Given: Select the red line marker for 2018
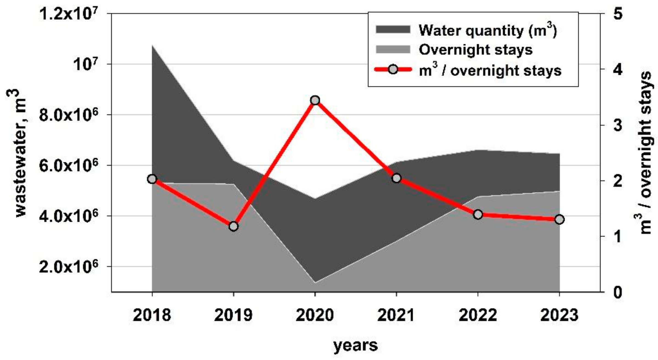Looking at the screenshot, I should [x=152, y=179].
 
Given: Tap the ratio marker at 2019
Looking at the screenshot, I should [x=233, y=226].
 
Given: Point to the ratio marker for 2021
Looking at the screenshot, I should [x=396, y=178].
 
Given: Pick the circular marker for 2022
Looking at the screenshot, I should [x=478, y=214].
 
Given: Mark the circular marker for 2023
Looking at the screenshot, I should [x=559, y=219].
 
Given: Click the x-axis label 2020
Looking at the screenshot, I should [x=315, y=315].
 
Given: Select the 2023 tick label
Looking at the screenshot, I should [x=559, y=315].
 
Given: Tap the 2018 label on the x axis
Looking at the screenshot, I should [x=152, y=315].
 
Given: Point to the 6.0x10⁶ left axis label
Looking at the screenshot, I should [x=69, y=165].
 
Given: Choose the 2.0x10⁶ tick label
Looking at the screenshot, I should [x=69, y=266].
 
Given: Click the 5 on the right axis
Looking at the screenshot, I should [x=618, y=14].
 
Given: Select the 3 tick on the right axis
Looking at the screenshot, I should [x=618, y=125].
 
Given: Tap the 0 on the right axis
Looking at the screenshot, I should [x=618, y=292].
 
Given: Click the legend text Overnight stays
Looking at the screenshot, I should [x=475, y=50].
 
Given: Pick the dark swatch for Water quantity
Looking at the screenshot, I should [x=393, y=30].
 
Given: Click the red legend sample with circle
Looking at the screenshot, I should [x=393, y=70].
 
